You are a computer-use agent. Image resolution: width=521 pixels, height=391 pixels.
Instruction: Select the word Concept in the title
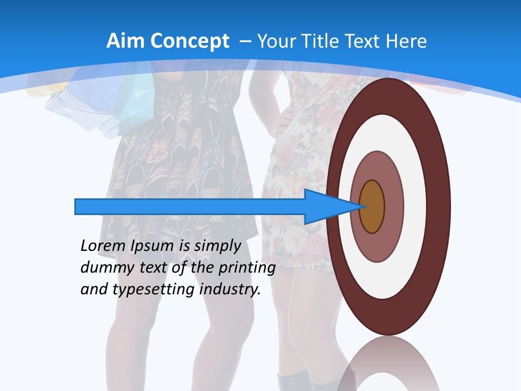pyautogui.click(x=190, y=42)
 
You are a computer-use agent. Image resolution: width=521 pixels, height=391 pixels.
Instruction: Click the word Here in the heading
pyautogui.click(x=406, y=41)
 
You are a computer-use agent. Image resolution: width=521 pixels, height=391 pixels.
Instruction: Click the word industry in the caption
pyautogui.click(x=230, y=289)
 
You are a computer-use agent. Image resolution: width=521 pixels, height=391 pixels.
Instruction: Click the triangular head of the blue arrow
pyautogui.click(x=326, y=207)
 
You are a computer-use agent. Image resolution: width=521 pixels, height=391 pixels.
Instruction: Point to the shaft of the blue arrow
pyautogui.click(x=190, y=207)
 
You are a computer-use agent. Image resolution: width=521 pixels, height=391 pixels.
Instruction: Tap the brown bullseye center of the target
pyautogui.click(x=372, y=207)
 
